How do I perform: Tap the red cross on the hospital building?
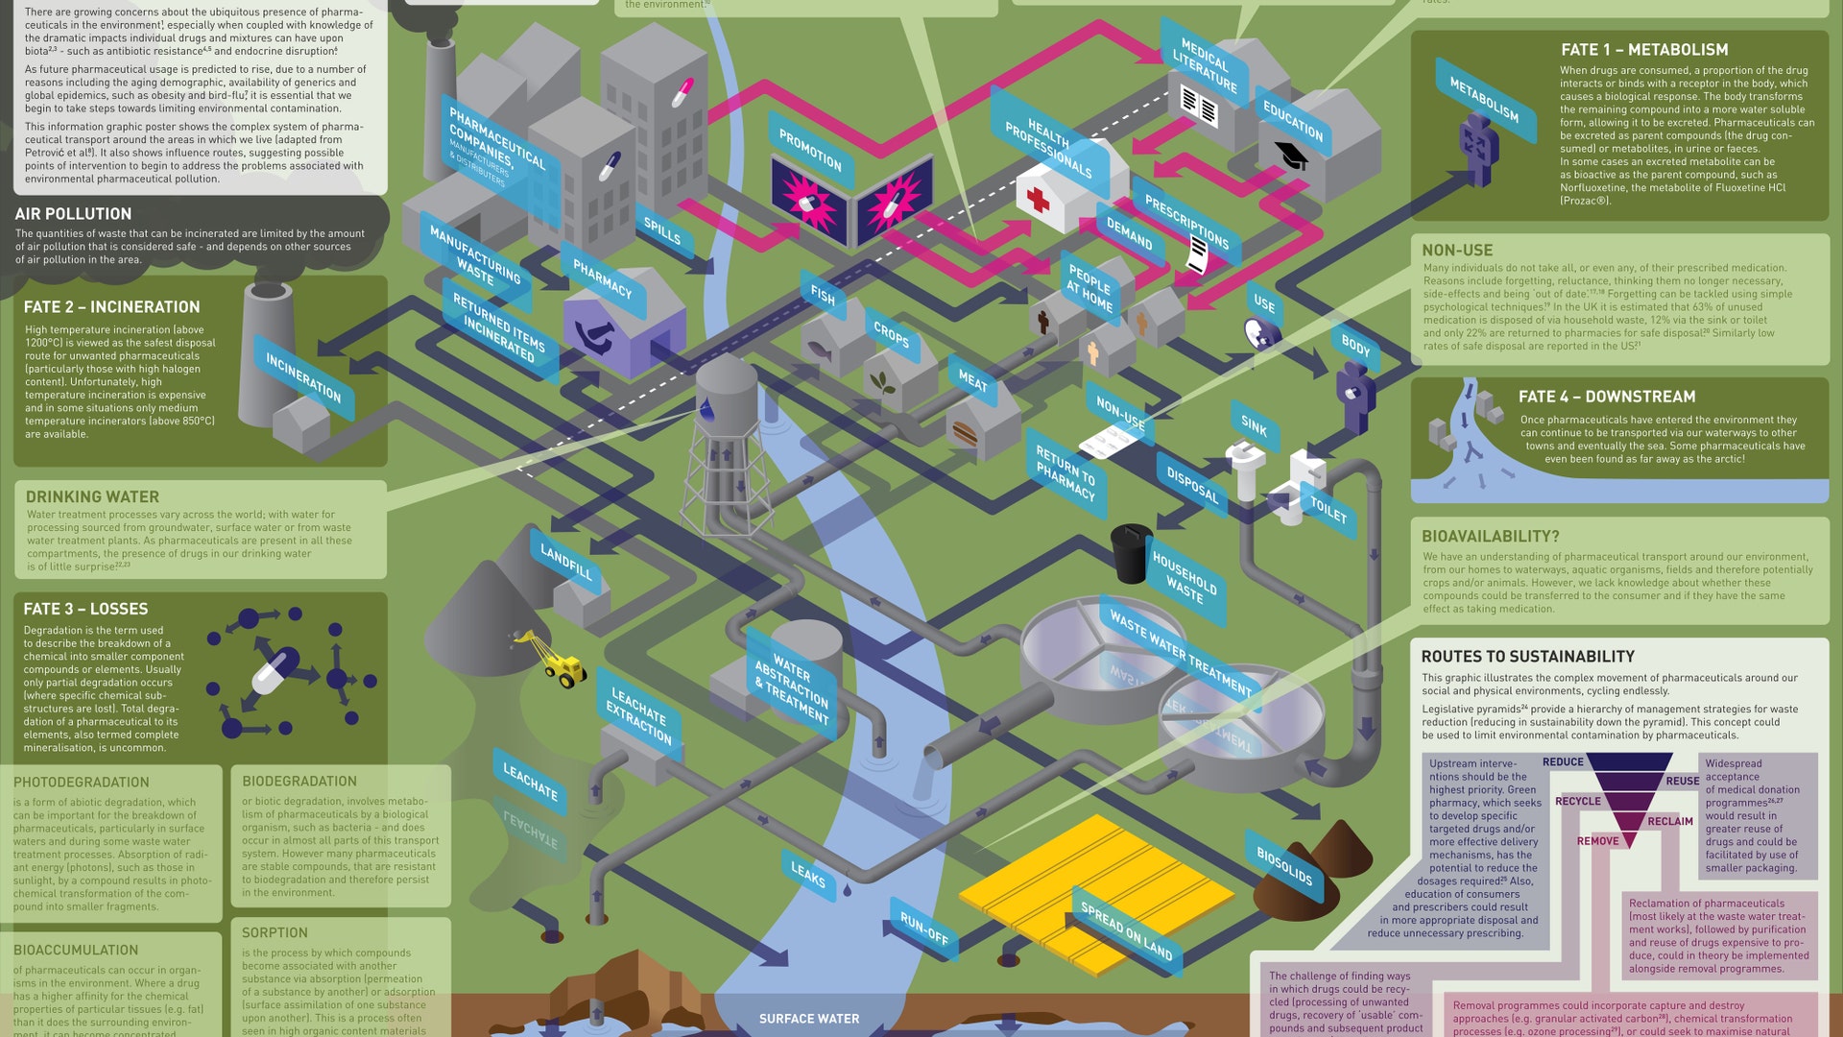click(x=1038, y=200)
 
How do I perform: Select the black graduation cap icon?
click(x=1292, y=155)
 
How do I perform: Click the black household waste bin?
click(x=1131, y=551)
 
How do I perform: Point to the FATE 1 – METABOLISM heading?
click(x=1643, y=50)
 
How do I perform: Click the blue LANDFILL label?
click(x=566, y=561)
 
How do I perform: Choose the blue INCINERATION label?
click(x=303, y=377)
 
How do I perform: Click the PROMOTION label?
click(x=810, y=150)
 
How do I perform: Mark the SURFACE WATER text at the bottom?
click(x=809, y=1019)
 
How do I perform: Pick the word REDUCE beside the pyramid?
click(x=1563, y=762)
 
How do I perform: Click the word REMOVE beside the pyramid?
click(x=1597, y=841)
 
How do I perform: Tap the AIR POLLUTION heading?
click(x=73, y=214)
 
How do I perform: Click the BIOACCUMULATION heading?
click(x=76, y=951)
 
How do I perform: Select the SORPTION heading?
click(x=275, y=933)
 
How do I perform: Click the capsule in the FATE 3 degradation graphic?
click(x=275, y=671)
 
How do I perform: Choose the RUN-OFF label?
click(x=923, y=928)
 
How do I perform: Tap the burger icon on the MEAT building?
click(x=965, y=434)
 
